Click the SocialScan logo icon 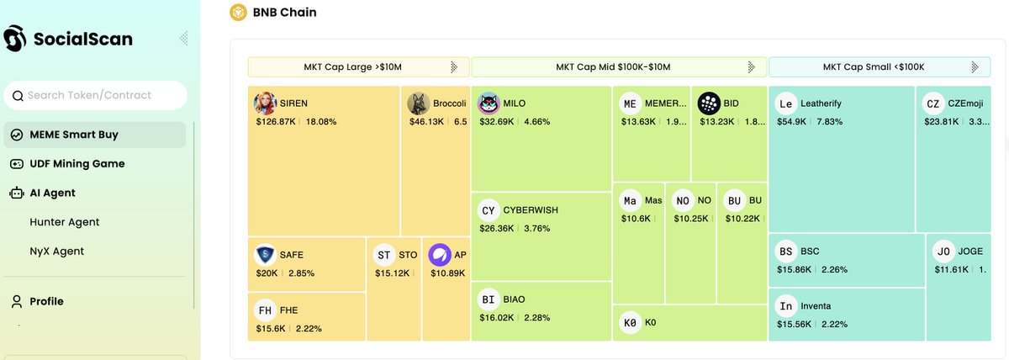(x=15, y=39)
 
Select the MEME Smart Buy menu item (x=73, y=135)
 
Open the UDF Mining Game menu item (x=77, y=164)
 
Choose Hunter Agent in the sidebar (x=65, y=222)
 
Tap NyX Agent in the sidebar (x=56, y=251)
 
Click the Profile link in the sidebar (x=46, y=301)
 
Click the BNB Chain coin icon (x=238, y=13)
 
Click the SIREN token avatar (x=266, y=103)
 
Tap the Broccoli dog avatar (x=418, y=103)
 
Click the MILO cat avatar (x=489, y=103)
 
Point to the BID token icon (x=709, y=103)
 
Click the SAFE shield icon (x=266, y=255)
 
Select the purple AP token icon (x=440, y=255)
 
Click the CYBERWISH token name (x=531, y=210)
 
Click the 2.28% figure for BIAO (x=537, y=317)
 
